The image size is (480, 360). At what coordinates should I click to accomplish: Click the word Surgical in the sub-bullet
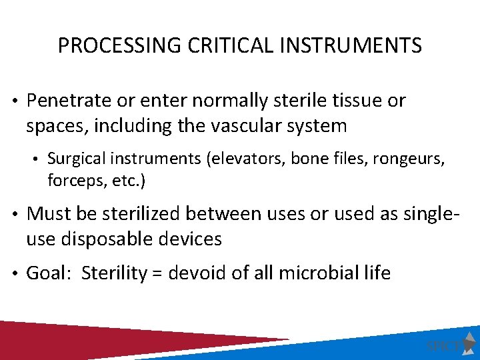(x=74, y=159)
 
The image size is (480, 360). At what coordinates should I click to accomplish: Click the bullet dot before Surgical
(x=38, y=159)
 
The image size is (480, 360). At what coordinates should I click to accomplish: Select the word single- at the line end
(x=441, y=215)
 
